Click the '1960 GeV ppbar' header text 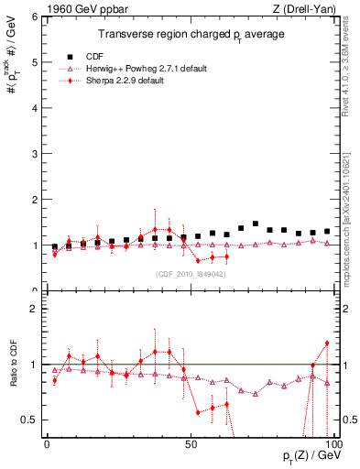44,7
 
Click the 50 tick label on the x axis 190,443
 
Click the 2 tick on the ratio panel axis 34,310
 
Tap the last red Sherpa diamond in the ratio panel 327,344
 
